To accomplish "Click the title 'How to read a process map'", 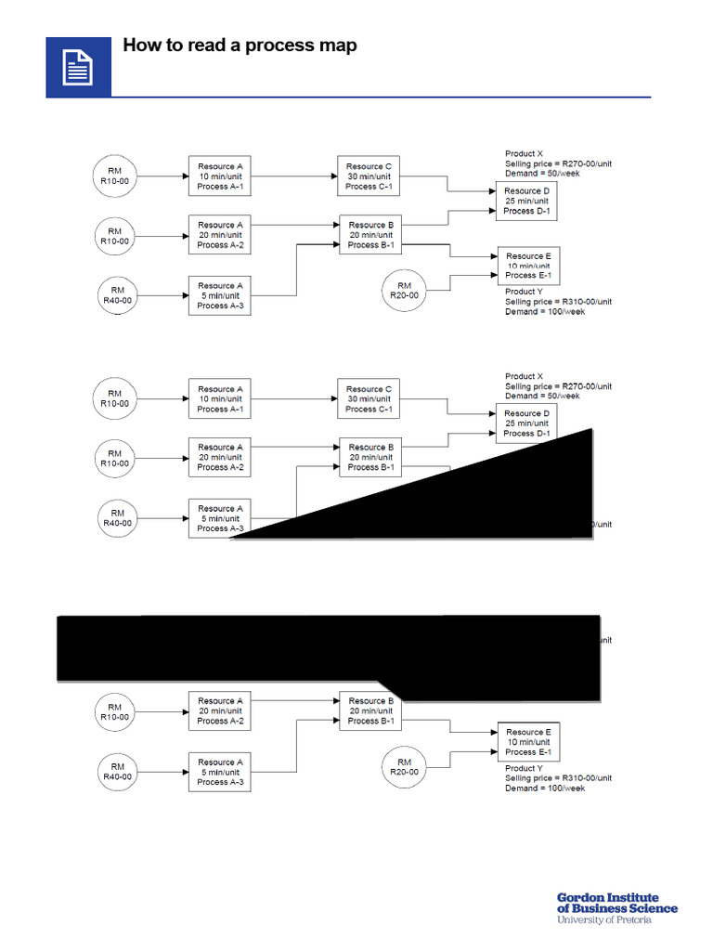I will coord(240,46).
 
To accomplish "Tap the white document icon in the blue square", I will coord(78,68).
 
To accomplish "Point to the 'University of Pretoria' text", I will coord(604,920).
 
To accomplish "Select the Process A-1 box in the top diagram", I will coord(221,176).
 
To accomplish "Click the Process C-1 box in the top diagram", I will coord(369,176).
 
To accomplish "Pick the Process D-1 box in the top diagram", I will coord(527,201).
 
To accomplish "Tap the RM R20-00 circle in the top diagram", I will coord(404,290).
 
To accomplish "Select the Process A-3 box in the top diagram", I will coord(221,295).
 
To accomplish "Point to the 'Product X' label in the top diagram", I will coord(525,154).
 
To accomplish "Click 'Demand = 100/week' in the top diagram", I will coord(545,312).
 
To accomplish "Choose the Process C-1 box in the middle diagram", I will coord(369,399).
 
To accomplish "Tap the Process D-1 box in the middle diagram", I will coord(527,423).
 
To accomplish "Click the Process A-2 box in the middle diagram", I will coord(221,457).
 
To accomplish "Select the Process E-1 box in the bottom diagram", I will coord(528,742).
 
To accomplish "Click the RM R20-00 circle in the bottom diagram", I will coord(404,766).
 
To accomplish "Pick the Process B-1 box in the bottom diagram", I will coord(371,710).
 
